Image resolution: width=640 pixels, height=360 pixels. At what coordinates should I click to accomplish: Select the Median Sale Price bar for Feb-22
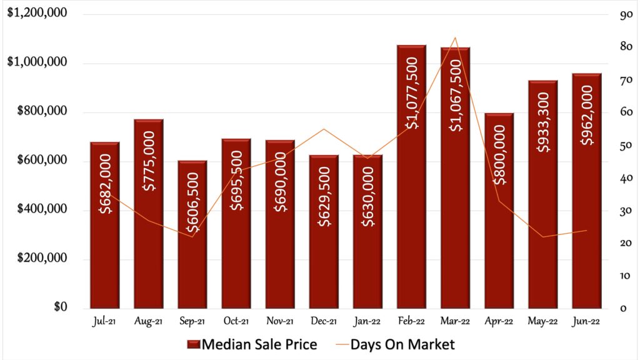point(411,187)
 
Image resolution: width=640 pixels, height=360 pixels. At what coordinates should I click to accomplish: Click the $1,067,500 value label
point(455,95)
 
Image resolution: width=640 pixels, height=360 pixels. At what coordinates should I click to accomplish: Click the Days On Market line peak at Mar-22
point(455,38)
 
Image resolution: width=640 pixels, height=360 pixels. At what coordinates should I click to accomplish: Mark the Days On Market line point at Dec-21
point(324,129)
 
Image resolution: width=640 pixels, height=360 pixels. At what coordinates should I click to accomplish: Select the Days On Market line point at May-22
point(542,237)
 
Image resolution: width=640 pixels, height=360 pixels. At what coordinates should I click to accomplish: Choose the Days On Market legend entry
point(393,344)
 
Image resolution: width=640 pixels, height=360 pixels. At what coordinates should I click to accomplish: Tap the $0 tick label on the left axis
point(59,308)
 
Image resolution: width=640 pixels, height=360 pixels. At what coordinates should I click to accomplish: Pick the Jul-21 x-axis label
point(105,321)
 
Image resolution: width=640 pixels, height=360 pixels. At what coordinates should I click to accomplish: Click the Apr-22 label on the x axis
point(499,321)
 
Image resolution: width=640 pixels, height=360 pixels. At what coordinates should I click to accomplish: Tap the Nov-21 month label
point(280,321)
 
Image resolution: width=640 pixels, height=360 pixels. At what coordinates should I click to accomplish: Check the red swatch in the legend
point(192,344)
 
